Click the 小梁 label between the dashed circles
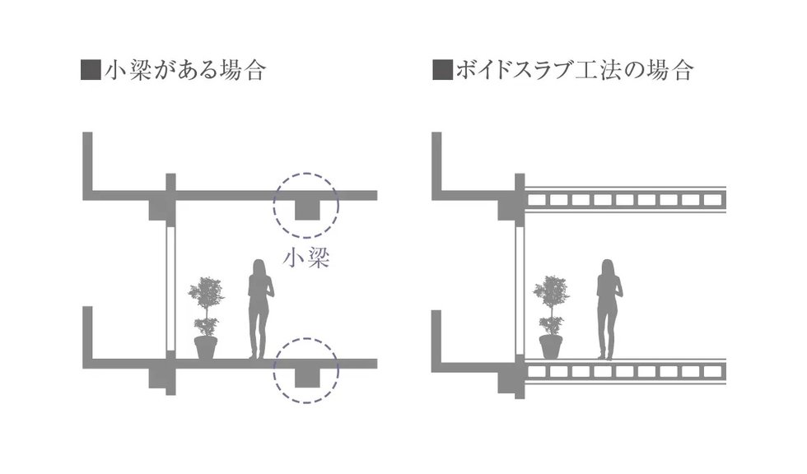click(306, 259)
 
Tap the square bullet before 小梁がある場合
click(91, 70)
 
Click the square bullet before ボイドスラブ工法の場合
click(442, 70)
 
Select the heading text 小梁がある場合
click(184, 70)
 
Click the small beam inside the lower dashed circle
click(307, 377)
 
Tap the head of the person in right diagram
click(609, 267)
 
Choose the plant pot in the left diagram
click(205, 347)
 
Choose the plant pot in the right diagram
click(550, 347)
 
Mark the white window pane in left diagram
click(171, 287)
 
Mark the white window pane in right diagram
click(520, 287)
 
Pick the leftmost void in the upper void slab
click(539, 199)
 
